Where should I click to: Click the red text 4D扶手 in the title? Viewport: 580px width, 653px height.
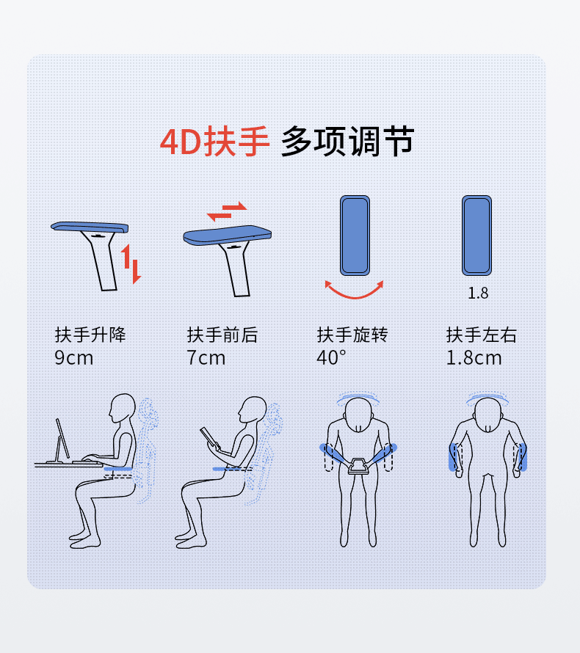[214, 142]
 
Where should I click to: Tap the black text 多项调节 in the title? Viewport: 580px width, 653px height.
[347, 142]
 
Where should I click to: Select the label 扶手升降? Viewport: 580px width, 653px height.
[90, 335]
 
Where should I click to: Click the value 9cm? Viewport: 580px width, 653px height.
[73, 358]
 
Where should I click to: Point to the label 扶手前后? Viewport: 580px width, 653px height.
[222, 335]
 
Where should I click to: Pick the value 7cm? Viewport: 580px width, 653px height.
[206, 358]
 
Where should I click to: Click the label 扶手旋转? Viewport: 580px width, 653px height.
[352, 335]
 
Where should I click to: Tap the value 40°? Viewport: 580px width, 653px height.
[331, 358]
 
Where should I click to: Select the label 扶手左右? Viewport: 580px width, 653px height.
[482, 335]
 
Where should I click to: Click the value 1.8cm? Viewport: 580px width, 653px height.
[474, 358]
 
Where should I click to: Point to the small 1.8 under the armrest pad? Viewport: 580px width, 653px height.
[478, 293]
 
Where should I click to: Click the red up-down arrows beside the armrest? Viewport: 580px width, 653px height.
[131, 264]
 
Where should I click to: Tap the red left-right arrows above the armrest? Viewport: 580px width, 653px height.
[227, 211]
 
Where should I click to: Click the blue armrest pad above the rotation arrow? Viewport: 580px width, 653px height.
[355, 236]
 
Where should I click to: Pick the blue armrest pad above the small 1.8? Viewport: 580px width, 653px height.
[476, 236]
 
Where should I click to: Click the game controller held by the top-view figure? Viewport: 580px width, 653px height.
[358, 466]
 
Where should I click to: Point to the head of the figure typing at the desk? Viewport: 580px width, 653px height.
[123, 408]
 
